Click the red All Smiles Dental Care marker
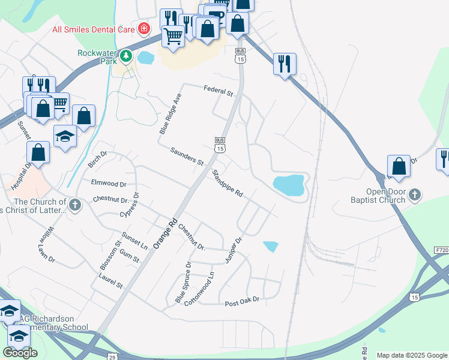coord(143,28)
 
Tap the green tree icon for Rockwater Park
coord(125,56)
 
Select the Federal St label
coord(218,91)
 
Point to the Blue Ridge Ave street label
coord(169,113)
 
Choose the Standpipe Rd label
coord(228,184)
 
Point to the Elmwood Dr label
coord(109,183)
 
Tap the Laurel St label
coord(110,280)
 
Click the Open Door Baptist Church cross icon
coord(415,194)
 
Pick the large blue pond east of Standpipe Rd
coord(289,185)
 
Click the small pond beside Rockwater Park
coord(146,58)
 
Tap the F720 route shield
coord(442,250)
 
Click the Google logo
coord(20,352)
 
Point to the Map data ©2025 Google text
coord(412,355)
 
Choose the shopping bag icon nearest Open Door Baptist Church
coord(399,166)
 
